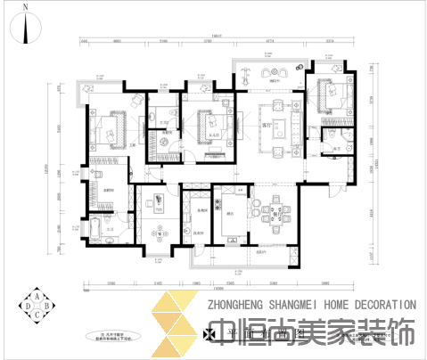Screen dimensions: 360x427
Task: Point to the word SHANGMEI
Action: [291, 305]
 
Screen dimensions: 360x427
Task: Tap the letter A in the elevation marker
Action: [37, 297]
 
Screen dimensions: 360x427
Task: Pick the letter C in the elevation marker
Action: [37, 315]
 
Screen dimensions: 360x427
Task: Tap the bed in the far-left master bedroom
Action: [111, 132]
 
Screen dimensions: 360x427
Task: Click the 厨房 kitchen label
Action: [231, 215]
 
